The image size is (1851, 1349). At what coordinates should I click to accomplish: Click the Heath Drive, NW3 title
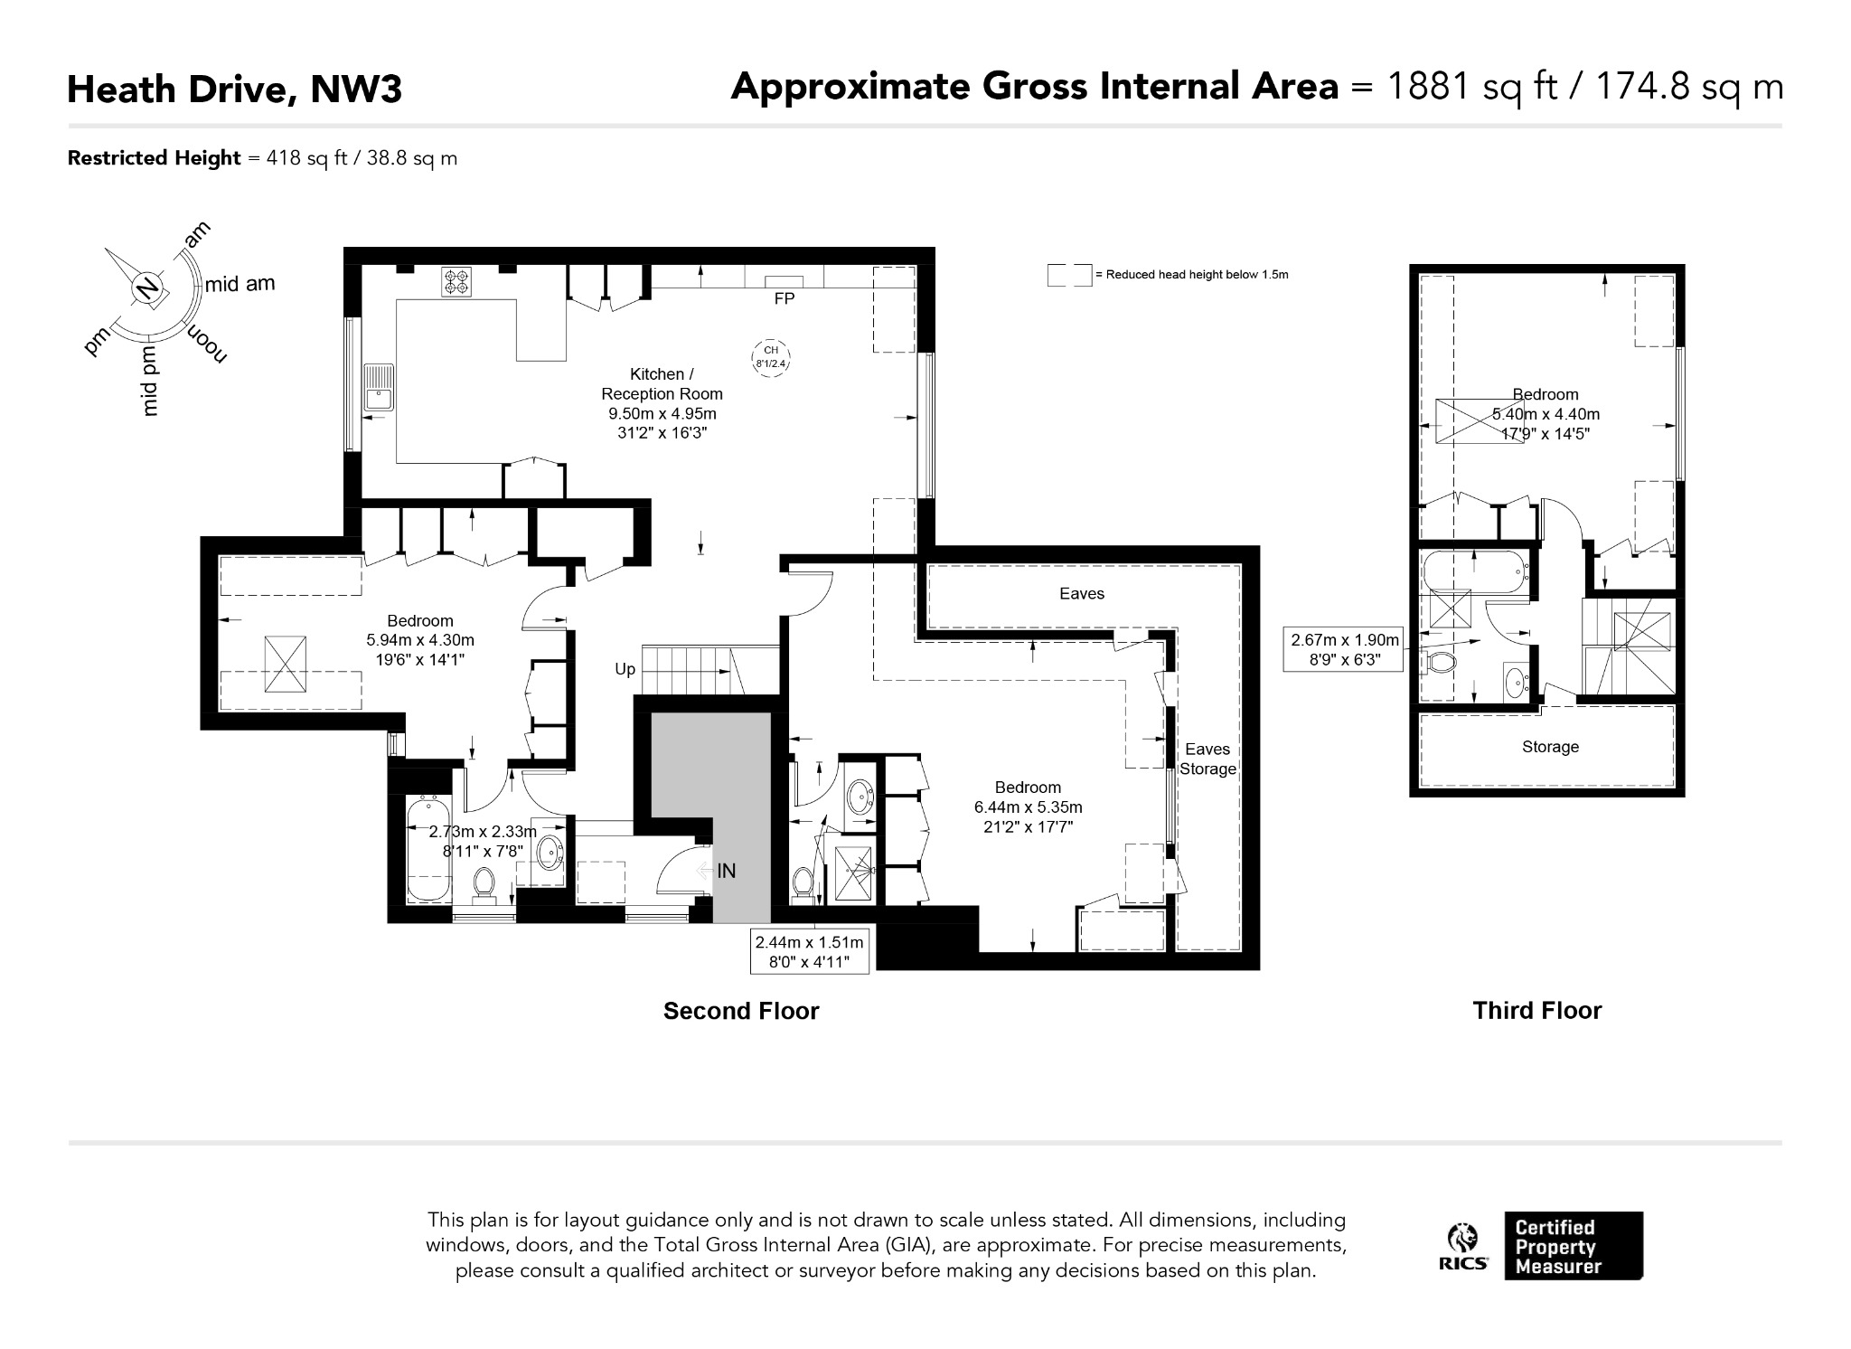[234, 90]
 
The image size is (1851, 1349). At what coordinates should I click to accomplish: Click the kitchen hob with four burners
[456, 282]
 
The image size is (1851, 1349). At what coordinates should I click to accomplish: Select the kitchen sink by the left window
[379, 389]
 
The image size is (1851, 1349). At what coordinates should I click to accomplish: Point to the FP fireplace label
[784, 298]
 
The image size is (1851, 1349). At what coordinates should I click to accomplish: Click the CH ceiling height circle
[771, 356]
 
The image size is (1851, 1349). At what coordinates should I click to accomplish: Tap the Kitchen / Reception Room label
[662, 383]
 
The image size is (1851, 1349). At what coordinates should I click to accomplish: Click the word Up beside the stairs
[625, 670]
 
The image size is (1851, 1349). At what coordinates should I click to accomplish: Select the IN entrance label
[727, 871]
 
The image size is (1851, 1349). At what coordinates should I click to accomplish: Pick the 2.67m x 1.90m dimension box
[1345, 649]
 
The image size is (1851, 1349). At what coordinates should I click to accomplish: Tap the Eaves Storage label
[1207, 759]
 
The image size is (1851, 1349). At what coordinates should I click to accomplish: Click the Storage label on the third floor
[1550, 747]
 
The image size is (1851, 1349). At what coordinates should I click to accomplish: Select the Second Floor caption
[741, 1011]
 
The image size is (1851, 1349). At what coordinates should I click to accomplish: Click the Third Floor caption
[1537, 1010]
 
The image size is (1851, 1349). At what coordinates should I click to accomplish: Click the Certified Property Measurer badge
[1574, 1246]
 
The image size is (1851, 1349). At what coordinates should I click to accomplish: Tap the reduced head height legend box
[1069, 275]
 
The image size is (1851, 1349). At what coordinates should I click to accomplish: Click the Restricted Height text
[155, 158]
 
